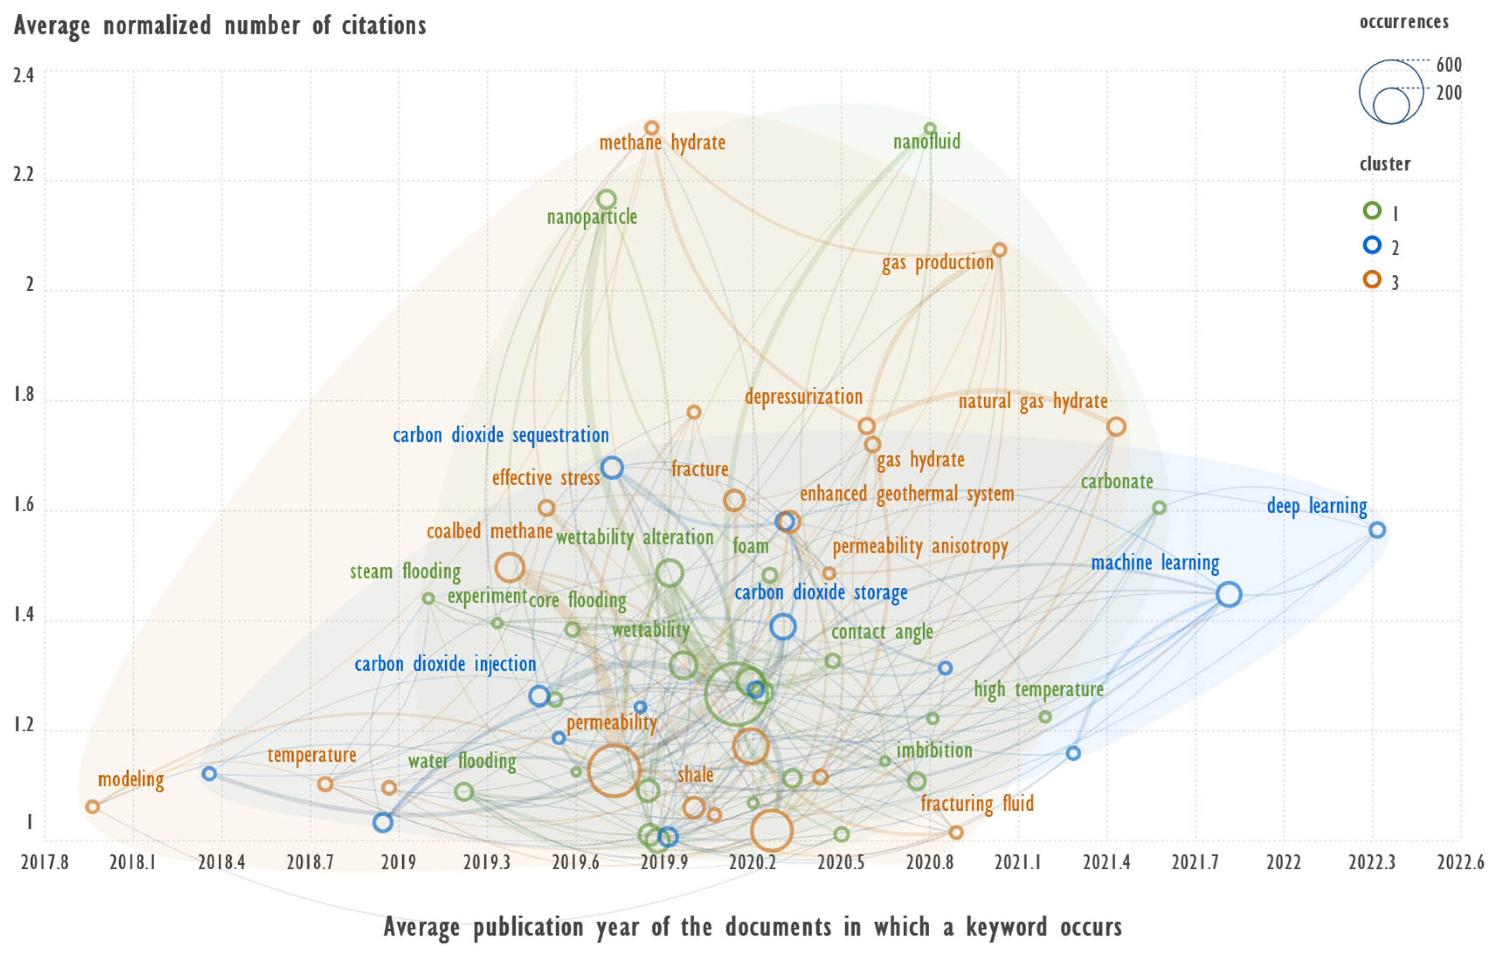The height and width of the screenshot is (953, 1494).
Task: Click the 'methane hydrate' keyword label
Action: tap(662, 143)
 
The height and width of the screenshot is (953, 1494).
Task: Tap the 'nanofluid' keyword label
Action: tap(926, 142)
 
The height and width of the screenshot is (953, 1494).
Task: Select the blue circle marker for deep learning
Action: tap(1377, 530)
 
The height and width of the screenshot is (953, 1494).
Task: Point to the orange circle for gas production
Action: tap(999, 250)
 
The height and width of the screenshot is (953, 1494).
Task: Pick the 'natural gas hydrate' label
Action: tap(1032, 401)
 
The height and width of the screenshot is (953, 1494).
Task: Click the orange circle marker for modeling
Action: tap(93, 807)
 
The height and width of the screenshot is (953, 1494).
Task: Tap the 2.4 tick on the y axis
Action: tap(24, 75)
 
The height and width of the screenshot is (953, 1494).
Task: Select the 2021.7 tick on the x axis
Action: tap(1195, 862)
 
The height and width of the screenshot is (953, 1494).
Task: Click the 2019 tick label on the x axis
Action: tap(398, 862)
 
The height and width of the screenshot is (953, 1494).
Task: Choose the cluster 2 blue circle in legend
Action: tap(1372, 246)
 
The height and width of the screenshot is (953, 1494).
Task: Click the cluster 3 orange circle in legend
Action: tap(1372, 280)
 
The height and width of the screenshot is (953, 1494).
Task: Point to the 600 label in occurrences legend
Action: tap(1449, 65)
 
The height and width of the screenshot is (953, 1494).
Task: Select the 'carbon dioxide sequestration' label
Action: tap(500, 435)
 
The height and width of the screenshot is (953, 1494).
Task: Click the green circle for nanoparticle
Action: tap(606, 200)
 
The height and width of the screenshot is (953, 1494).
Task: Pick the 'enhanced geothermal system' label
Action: tap(907, 494)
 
